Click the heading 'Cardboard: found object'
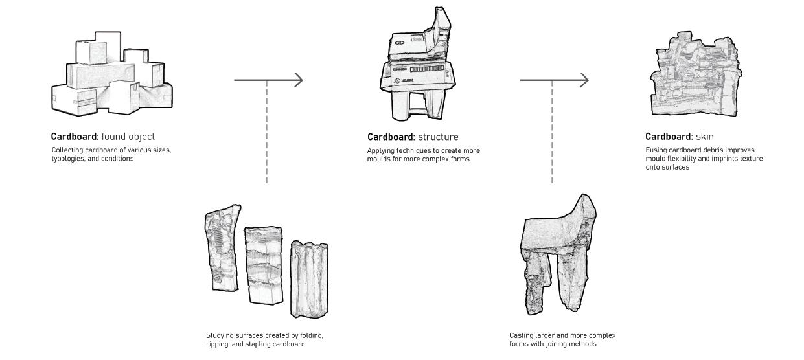coord(103,137)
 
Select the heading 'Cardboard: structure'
coord(413,137)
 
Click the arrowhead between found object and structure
coord(298,80)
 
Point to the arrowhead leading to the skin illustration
coord(584,80)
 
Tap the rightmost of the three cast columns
coord(309,279)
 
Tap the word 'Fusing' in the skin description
coord(656,150)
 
